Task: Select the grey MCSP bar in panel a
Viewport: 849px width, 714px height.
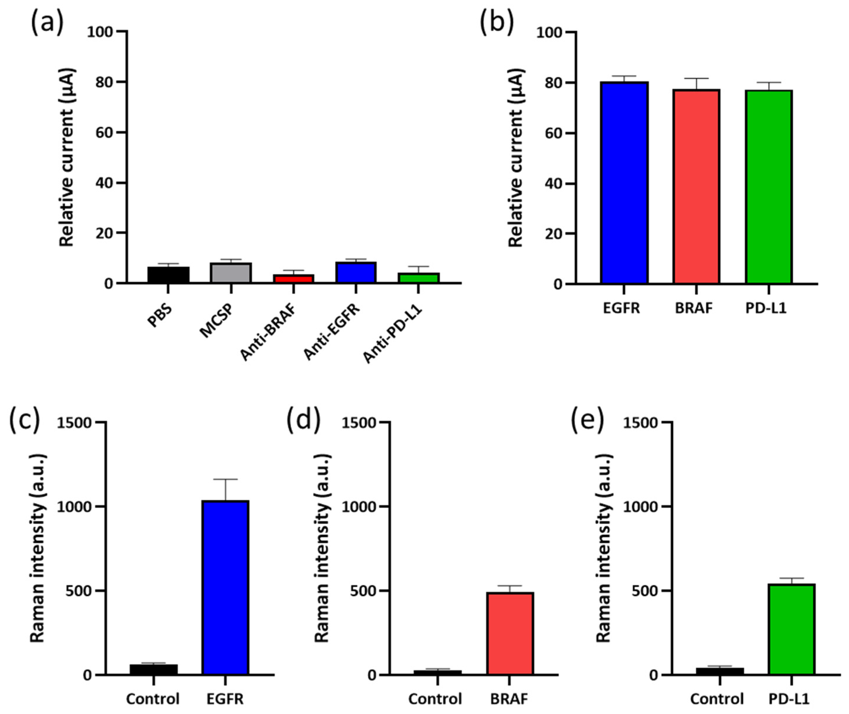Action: pyautogui.click(x=231, y=272)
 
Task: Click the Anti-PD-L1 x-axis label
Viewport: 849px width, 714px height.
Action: pyautogui.click(x=392, y=333)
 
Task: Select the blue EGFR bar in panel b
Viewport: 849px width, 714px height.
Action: pyautogui.click(x=624, y=182)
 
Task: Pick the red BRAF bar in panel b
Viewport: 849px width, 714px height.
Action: pyautogui.click(x=696, y=186)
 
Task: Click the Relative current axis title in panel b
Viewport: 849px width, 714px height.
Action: pyautogui.click(x=516, y=158)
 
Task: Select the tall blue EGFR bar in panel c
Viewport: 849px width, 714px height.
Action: pyautogui.click(x=225, y=587)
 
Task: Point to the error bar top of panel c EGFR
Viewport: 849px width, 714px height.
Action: pyautogui.click(x=225, y=479)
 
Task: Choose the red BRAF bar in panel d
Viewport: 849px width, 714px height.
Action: pyautogui.click(x=510, y=633)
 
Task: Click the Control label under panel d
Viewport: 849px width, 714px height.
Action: pyautogui.click(x=435, y=699)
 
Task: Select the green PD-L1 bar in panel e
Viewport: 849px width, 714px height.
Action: pyautogui.click(x=791, y=629)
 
